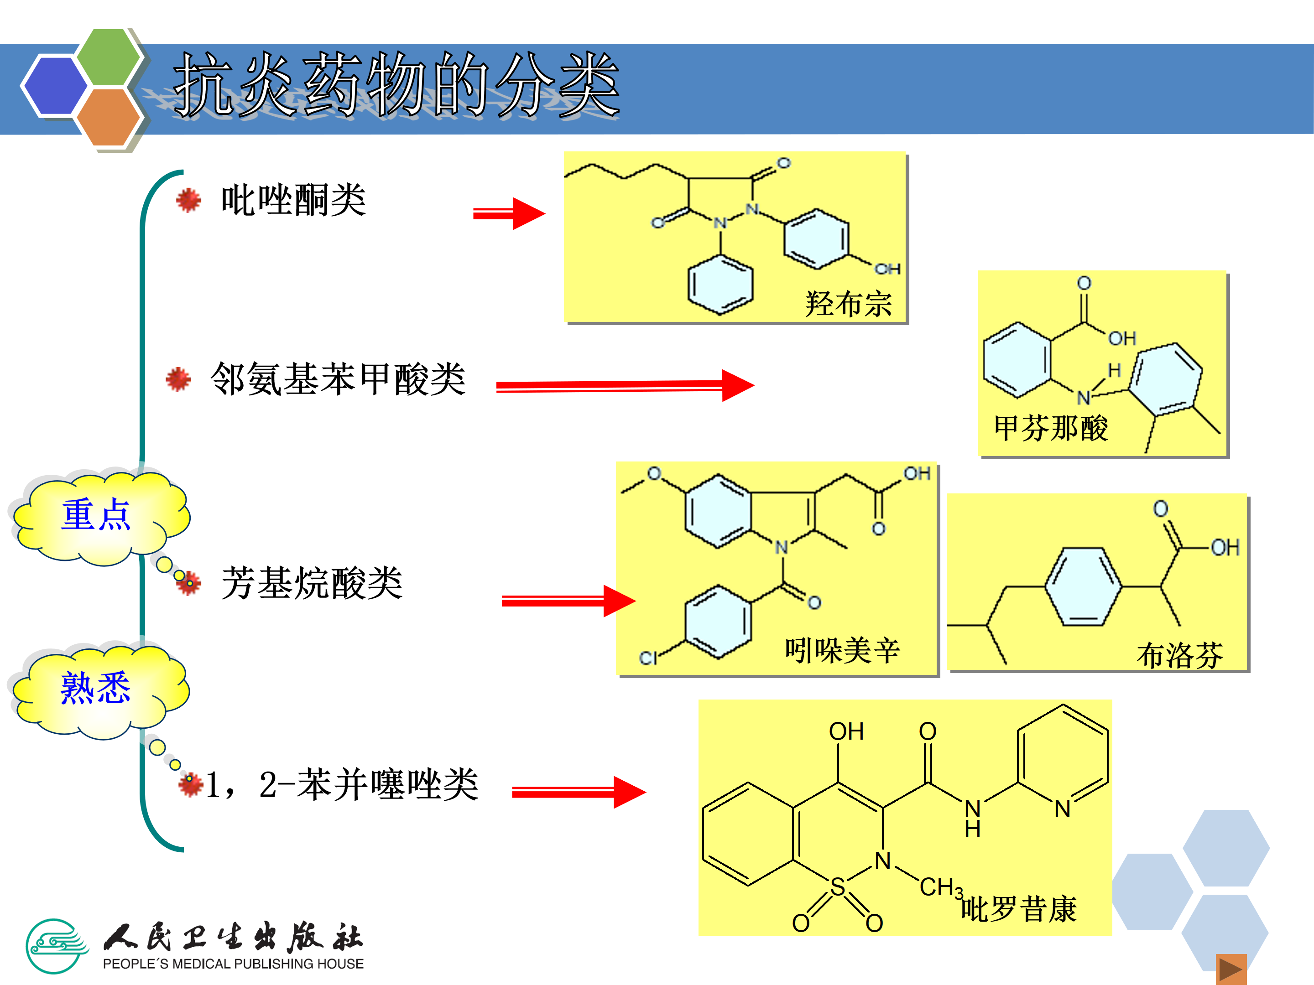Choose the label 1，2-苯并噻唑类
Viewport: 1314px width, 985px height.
[x=342, y=784]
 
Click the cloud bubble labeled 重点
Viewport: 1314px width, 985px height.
[x=96, y=515]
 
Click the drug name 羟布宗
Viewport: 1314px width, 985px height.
[x=848, y=304]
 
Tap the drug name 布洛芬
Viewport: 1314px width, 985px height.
[x=1180, y=655]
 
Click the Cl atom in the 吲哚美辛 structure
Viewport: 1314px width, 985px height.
[x=648, y=657]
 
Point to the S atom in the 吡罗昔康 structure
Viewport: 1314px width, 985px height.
[x=838, y=887]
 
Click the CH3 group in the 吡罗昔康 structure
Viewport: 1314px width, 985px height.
[x=940, y=887]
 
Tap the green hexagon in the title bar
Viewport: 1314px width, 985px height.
[x=109, y=57]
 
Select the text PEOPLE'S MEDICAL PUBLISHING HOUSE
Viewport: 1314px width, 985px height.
[x=233, y=964]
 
